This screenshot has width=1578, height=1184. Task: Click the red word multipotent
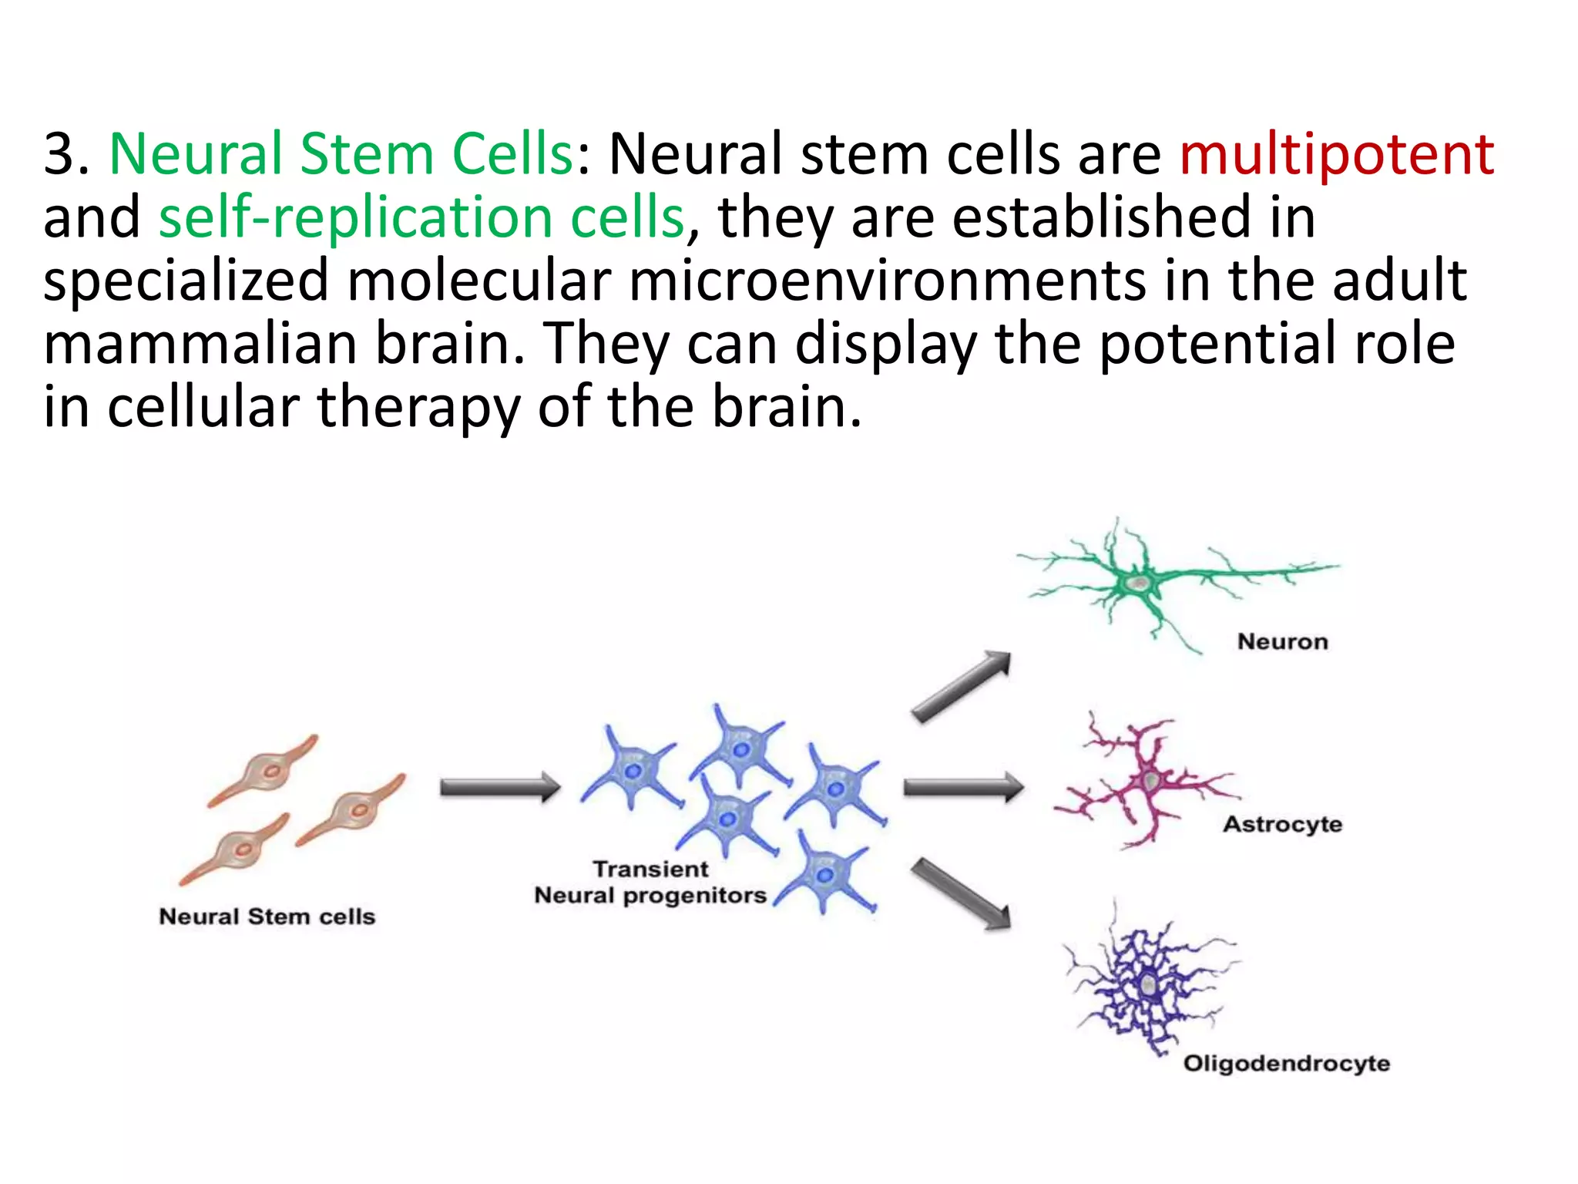point(1336,154)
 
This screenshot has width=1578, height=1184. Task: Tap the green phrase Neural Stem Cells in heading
point(341,154)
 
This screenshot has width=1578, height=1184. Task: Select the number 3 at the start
point(60,154)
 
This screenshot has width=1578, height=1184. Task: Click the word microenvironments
point(886,281)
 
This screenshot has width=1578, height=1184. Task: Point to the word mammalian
point(200,344)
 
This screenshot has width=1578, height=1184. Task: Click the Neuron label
point(1282,641)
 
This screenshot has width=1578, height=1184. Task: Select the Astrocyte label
point(1282,824)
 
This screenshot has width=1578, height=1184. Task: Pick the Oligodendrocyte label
point(1286,1064)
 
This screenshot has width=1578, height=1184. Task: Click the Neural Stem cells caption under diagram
point(267,917)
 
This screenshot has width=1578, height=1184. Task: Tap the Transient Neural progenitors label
point(650,883)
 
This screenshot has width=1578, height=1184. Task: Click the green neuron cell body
point(1139,583)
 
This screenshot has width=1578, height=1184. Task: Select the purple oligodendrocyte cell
point(1148,985)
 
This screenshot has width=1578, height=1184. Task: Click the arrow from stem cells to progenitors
point(499,787)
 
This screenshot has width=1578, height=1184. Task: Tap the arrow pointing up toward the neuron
point(961,686)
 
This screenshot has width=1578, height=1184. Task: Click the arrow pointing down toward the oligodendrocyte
point(961,894)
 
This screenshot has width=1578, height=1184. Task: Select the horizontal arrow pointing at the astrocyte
point(963,787)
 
